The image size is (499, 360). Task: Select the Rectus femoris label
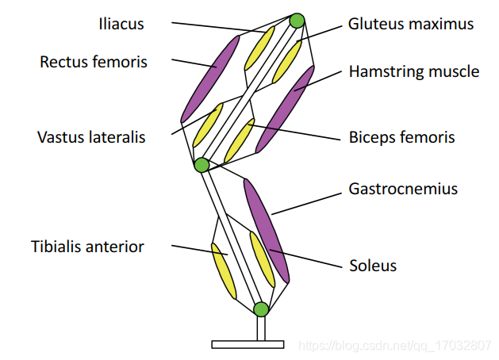(x=94, y=62)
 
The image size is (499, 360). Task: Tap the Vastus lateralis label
(x=91, y=137)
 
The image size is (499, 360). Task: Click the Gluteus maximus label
(x=411, y=24)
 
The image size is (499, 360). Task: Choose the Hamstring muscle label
(x=414, y=71)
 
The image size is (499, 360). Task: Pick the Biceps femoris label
(x=401, y=137)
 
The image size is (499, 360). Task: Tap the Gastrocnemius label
(x=403, y=190)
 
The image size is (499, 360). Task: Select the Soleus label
(x=372, y=265)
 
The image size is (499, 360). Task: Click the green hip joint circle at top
(x=297, y=21)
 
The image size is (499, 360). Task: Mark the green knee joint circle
(x=202, y=165)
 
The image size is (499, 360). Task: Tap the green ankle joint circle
(x=261, y=308)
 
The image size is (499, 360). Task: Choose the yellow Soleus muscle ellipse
(x=262, y=259)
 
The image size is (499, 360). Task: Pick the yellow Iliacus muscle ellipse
(x=259, y=47)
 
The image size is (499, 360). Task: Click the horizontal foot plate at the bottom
(x=247, y=344)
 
